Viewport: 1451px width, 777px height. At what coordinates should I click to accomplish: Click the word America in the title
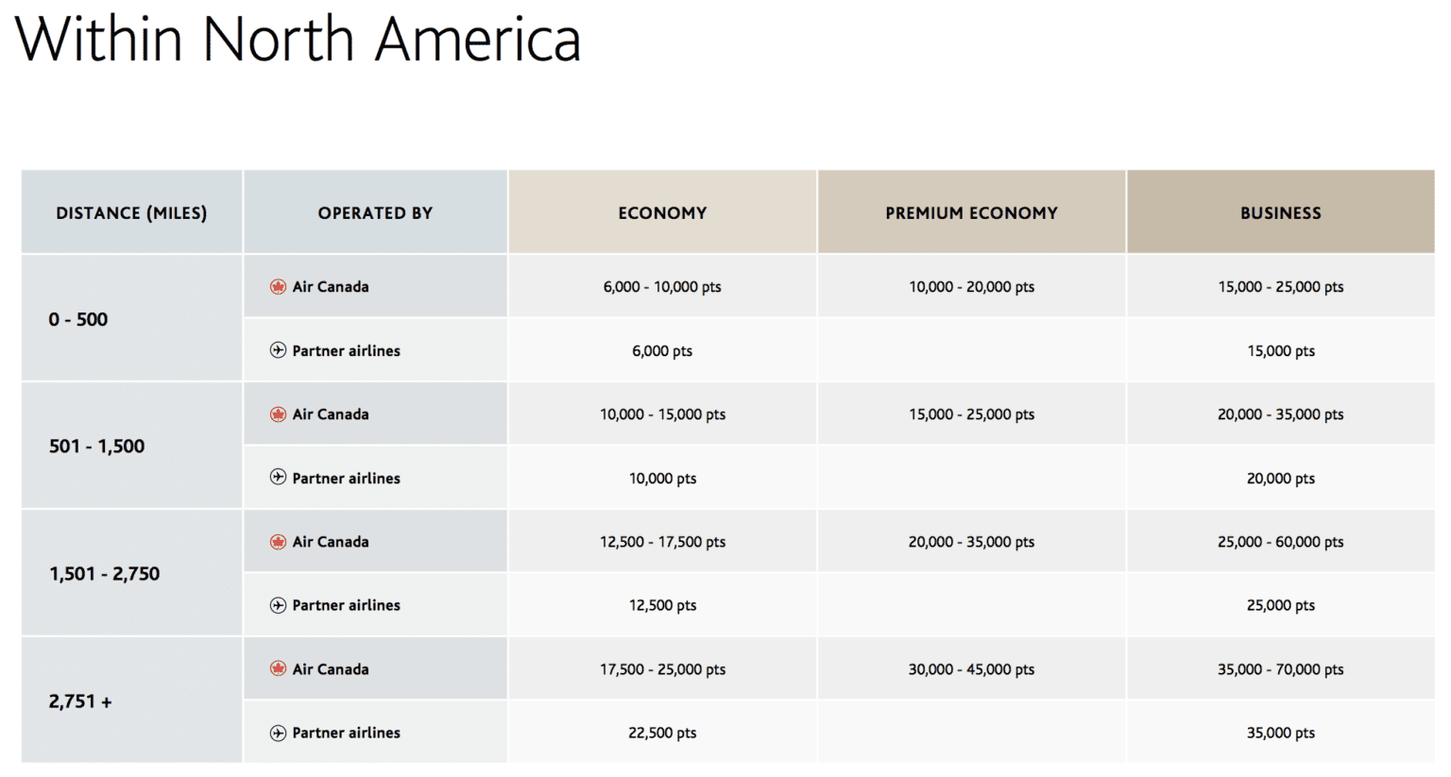pos(478,40)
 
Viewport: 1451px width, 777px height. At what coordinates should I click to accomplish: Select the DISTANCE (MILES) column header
pos(131,213)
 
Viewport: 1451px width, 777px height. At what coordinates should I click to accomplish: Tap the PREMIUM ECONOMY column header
pos(971,213)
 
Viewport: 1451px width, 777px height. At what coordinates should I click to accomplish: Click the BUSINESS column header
pos(1280,213)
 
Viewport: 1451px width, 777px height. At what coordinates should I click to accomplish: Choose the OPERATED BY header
pos(375,213)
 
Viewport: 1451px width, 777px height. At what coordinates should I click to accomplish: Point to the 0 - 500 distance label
pos(78,319)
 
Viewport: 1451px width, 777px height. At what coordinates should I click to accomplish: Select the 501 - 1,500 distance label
pos(96,447)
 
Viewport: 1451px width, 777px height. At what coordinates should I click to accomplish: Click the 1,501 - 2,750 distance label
pos(104,574)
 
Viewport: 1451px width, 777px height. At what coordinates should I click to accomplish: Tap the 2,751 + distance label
pos(80,701)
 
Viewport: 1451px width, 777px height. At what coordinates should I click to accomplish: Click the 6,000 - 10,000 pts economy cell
pos(662,287)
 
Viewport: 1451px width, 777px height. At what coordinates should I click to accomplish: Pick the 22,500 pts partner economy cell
pos(662,733)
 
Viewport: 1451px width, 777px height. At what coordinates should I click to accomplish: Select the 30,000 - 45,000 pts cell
pos(971,669)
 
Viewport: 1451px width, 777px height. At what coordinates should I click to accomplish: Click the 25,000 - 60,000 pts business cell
pos(1280,542)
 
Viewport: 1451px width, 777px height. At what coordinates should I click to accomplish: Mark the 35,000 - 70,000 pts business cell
pos(1280,669)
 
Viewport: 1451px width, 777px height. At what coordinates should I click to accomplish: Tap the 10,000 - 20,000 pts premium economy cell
pos(971,287)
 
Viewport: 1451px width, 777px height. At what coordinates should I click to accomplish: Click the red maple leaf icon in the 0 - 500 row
pos(278,287)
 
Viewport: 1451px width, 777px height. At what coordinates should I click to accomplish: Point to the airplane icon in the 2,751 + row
pos(278,733)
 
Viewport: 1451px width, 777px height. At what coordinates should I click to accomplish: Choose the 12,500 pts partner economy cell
pos(662,605)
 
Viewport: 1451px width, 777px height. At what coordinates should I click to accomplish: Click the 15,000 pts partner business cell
pos(1280,351)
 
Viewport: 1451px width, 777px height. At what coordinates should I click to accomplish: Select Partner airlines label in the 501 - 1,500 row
pos(346,479)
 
